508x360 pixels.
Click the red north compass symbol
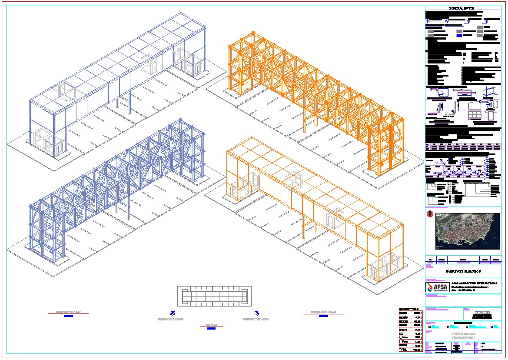[430, 213]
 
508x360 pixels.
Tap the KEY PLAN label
[211, 325]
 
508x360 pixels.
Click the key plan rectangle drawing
[213, 297]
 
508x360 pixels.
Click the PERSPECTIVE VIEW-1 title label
[69, 312]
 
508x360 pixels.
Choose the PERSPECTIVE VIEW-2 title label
[323, 312]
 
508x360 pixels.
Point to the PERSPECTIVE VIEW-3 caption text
[256, 319]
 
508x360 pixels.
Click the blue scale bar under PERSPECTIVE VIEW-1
[69, 316]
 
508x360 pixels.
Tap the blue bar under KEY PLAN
[211, 329]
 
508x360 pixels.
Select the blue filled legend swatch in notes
[460, 37]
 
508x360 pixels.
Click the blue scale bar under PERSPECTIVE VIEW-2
[323, 316]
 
